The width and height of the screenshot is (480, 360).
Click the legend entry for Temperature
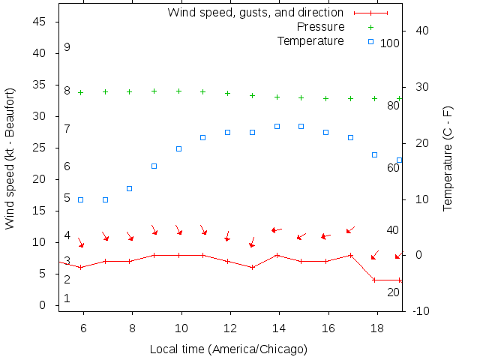310,40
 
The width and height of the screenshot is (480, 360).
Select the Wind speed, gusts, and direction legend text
255,13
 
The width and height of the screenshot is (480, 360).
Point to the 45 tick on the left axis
41,22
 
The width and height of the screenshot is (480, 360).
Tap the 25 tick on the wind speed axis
41,148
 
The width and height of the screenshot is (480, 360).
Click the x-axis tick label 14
277,328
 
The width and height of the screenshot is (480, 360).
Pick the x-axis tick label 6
83,328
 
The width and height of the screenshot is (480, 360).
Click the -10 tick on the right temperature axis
421,311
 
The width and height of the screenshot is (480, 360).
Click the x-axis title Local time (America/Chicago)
229,349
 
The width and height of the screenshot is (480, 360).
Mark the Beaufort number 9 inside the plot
67,47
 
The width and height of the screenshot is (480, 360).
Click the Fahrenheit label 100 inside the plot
390,43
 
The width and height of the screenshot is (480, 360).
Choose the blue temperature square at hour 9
154,166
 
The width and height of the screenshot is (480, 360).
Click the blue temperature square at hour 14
277,126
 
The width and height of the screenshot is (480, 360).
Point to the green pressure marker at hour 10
178,91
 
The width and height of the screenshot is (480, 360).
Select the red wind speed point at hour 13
253,268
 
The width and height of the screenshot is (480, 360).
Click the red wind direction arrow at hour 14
276,229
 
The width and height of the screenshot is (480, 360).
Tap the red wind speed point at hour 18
374,280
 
